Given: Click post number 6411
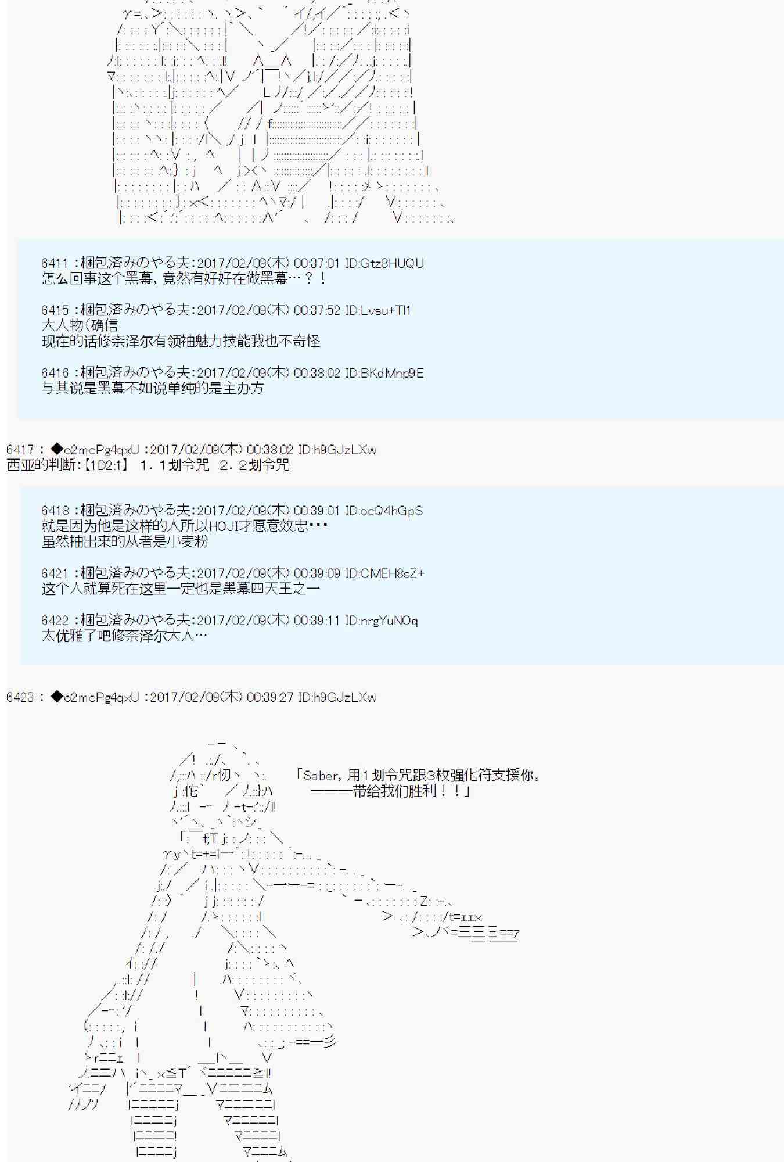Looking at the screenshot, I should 55,263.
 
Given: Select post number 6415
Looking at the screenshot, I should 55,310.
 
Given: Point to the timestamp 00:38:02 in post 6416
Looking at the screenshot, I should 317,373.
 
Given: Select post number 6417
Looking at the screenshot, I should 20,450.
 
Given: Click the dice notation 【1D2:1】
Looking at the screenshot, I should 105,465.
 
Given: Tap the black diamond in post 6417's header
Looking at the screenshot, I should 56,450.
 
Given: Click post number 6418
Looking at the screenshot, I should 55,511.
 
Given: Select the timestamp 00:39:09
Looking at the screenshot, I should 317,573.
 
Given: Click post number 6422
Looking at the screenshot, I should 55,621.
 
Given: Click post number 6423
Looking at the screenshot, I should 20,697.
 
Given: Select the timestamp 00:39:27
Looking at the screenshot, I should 270,697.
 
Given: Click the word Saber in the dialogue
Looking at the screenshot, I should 320,776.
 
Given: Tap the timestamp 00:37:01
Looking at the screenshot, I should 317,263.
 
